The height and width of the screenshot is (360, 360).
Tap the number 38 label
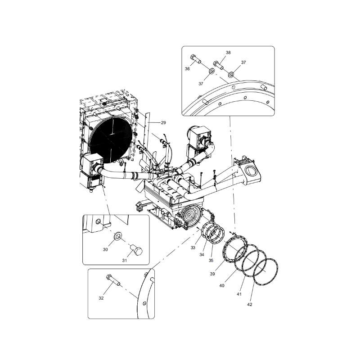[228, 53]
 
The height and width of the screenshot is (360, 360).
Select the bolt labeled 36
[194, 58]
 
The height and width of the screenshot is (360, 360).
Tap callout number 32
[101, 298]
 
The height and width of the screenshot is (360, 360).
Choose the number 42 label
[250, 305]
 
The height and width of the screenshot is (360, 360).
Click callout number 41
[239, 294]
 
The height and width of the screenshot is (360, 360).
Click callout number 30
[105, 249]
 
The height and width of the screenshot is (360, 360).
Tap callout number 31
[124, 260]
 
